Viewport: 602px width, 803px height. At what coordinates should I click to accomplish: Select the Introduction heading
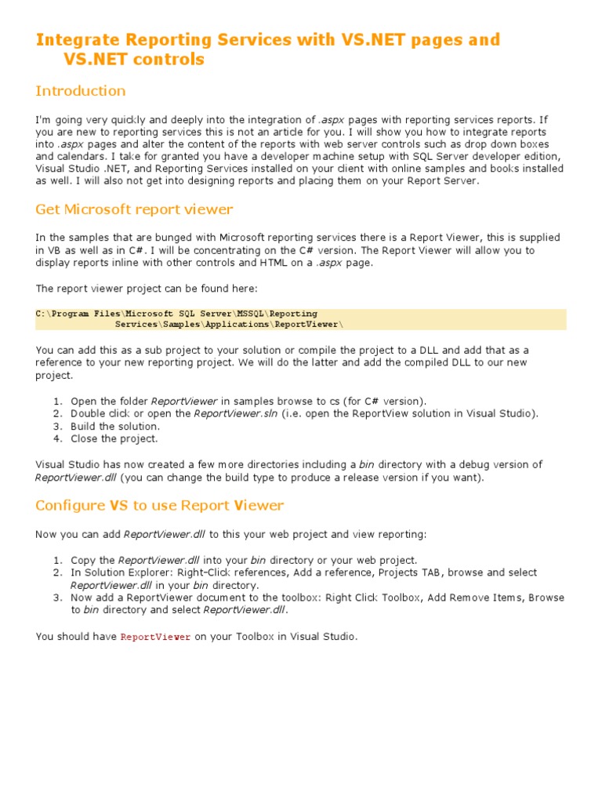[x=80, y=91]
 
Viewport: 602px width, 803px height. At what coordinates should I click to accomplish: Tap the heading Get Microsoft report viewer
[x=134, y=209]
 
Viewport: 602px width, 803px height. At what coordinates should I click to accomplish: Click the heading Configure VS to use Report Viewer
[x=159, y=505]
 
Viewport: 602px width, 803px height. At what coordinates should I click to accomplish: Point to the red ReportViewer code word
[x=155, y=638]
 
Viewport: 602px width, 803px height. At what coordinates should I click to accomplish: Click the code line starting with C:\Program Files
[x=176, y=313]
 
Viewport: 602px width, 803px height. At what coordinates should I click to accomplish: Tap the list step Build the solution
[x=114, y=426]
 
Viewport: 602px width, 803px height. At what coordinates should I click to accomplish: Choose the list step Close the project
[x=114, y=438]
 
